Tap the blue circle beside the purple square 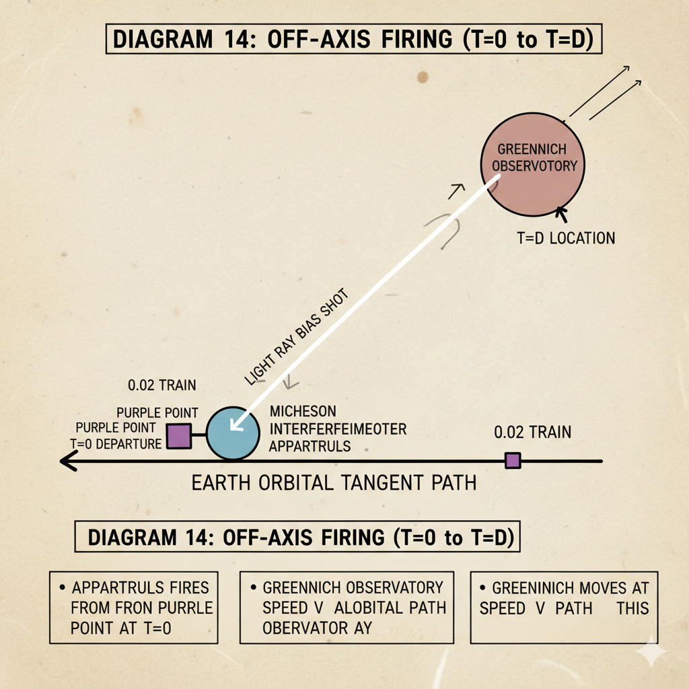[231, 432]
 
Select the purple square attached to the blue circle [180, 435]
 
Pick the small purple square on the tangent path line [513, 460]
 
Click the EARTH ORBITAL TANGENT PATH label [334, 483]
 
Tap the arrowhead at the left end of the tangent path [65, 462]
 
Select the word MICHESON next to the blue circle [302, 411]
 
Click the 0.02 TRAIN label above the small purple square [532, 432]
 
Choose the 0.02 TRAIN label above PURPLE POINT [162, 386]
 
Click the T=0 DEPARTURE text [116, 443]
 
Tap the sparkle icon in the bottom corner [652, 652]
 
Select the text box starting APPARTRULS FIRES [133, 608]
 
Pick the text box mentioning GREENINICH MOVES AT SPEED [564, 608]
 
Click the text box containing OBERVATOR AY [347, 608]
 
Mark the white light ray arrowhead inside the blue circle [235, 425]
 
